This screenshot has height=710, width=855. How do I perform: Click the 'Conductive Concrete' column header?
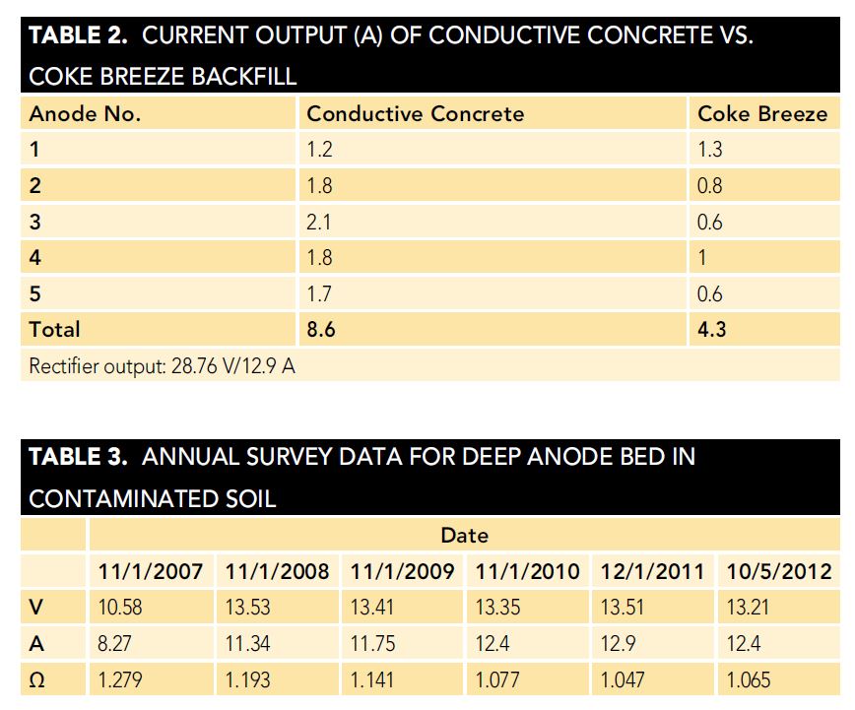(415, 114)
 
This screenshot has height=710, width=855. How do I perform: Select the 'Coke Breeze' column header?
(761, 114)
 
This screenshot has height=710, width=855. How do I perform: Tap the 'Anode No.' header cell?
(85, 114)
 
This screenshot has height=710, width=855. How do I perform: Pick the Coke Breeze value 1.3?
(709, 151)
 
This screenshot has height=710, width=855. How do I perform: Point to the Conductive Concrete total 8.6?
(321, 330)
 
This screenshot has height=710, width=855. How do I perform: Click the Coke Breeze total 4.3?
(711, 330)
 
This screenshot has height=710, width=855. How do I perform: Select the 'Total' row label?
(55, 330)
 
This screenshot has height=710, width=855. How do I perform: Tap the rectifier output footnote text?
(163, 366)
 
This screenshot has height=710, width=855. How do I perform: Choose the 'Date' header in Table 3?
(464, 536)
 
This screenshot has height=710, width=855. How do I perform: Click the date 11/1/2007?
(151, 572)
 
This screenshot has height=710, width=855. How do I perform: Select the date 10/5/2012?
(778, 572)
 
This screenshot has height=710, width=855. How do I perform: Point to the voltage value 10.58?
(120, 608)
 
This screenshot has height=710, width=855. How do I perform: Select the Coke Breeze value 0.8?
(709, 186)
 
